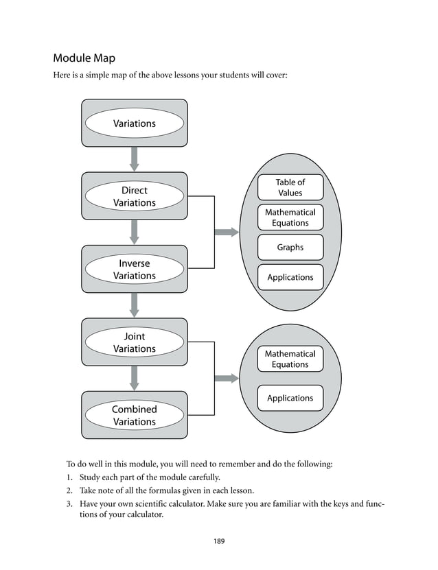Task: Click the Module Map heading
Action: [x=89, y=58]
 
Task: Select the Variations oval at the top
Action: [x=134, y=123]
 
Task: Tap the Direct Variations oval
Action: [x=134, y=196]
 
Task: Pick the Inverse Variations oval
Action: [x=134, y=270]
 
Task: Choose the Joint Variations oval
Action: [x=134, y=342]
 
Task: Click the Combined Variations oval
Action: [x=134, y=415]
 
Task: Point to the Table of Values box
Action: [x=290, y=187]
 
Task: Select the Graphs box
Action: [x=290, y=247]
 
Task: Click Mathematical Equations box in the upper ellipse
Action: [x=290, y=217]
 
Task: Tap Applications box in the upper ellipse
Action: [x=290, y=277]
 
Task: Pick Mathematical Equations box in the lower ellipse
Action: [x=290, y=359]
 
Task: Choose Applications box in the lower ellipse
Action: [x=290, y=398]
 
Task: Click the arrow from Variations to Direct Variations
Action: [x=135, y=159]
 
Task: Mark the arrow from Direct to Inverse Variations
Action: [x=135, y=232]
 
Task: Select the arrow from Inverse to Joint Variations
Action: [x=135, y=305]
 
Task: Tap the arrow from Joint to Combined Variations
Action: [x=135, y=378]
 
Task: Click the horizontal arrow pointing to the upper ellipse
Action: [x=227, y=232]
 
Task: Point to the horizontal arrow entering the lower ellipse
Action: [x=227, y=378]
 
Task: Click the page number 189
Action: [x=218, y=541]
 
